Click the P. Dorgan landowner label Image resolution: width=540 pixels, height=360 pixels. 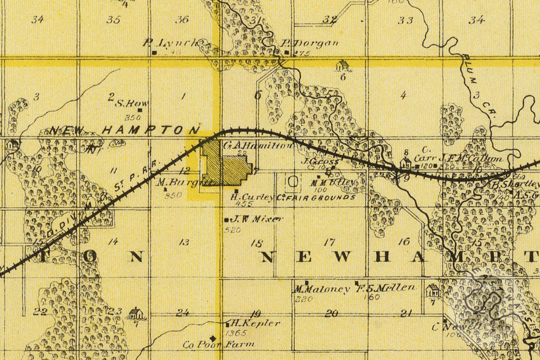tap(310, 43)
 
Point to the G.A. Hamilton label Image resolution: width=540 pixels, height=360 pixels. tap(257, 146)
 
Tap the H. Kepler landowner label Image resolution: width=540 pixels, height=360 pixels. tap(255, 323)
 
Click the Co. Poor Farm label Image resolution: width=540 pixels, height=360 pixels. tap(218, 344)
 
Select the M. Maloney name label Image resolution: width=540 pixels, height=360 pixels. tap(322, 289)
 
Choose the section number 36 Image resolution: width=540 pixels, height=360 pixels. tap(182, 19)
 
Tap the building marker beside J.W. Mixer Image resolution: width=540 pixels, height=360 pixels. tap(226, 220)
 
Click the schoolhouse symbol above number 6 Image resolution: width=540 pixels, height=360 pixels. tap(343, 66)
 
